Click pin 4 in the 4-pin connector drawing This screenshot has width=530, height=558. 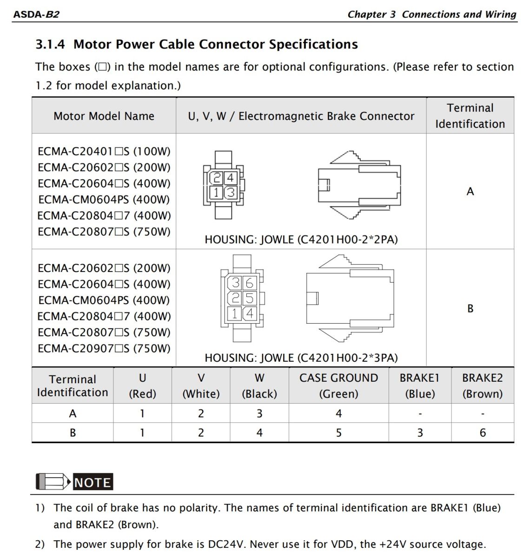click(230, 178)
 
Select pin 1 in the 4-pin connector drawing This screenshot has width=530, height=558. click(217, 192)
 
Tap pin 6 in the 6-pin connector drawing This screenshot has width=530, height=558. click(250, 283)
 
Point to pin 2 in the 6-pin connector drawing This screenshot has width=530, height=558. click(236, 298)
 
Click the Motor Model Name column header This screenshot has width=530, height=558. click(104, 116)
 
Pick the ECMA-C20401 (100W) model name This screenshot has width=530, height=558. click(104, 152)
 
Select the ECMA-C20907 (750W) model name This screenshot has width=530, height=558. click(104, 348)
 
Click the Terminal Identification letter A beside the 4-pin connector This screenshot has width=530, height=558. click(470, 192)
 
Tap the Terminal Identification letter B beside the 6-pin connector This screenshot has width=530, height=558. click(470, 308)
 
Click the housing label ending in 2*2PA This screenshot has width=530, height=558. click(301, 239)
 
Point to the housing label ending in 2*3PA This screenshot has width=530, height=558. click(301, 358)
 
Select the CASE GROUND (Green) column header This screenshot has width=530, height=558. click(338, 385)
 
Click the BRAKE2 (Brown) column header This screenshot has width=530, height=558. click(482, 385)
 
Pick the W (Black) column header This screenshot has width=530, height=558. click(259, 385)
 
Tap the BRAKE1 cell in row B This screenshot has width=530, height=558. click(420, 433)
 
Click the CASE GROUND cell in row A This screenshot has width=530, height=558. click(338, 413)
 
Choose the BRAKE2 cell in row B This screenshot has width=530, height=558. click(483, 433)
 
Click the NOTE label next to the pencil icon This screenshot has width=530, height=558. click(93, 482)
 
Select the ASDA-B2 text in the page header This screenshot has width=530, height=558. click(36, 14)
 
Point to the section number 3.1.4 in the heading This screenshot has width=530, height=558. click(50, 44)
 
